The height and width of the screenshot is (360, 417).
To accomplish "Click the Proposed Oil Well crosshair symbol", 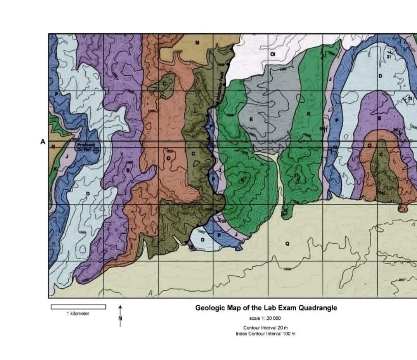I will click(x=96, y=151).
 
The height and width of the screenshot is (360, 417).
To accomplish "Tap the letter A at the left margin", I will click(x=43, y=142).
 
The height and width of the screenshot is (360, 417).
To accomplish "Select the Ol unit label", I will click(x=272, y=54).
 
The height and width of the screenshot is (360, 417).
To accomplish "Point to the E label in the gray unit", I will click(x=251, y=119).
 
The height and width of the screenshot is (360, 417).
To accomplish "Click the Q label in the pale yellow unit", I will click(x=287, y=243).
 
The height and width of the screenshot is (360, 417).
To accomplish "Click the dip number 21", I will click(x=389, y=56).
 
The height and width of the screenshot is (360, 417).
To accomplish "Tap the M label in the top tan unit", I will click(x=197, y=42).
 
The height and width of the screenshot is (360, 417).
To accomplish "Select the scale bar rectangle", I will click(x=78, y=307).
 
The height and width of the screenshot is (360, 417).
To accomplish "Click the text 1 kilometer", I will click(x=78, y=313).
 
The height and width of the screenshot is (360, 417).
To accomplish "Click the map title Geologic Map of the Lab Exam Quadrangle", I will click(x=266, y=308).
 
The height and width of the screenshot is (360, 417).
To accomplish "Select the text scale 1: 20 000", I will click(x=266, y=318).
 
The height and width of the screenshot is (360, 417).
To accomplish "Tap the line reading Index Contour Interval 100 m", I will click(x=266, y=334).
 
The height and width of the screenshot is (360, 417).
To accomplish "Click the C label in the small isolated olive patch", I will click(x=164, y=83).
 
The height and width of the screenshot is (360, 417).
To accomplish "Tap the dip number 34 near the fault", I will click(x=223, y=220).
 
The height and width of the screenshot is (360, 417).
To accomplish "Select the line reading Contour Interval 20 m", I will click(x=266, y=328).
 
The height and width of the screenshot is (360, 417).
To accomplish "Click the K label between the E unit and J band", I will click(x=309, y=113).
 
